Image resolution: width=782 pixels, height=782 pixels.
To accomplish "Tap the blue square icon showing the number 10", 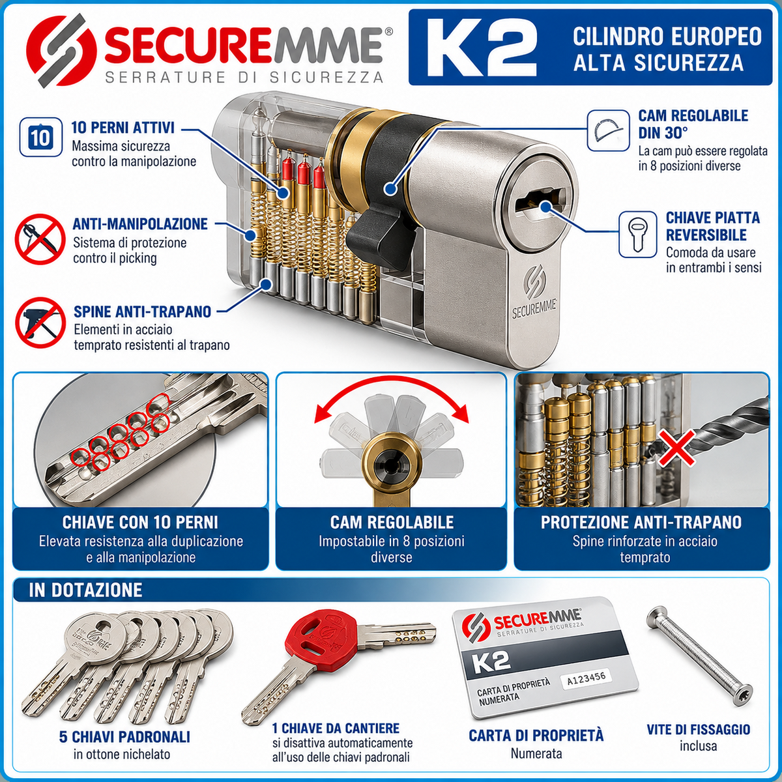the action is point(41,137).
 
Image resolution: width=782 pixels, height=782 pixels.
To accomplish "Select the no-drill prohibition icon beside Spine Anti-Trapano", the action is point(40,322).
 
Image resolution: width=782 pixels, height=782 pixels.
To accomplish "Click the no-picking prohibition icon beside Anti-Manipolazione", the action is point(40,239).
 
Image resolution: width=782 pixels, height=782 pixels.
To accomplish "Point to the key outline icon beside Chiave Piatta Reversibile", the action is point(637,235).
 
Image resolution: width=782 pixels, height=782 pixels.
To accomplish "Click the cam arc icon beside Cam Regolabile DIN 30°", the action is point(608,131).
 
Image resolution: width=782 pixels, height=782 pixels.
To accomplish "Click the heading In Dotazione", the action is point(85,590).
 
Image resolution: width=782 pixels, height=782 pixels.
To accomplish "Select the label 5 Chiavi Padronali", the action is point(124,736).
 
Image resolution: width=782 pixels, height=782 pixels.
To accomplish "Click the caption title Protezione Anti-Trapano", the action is point(641,523).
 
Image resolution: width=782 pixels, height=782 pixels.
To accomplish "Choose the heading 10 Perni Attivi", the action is point(123,128).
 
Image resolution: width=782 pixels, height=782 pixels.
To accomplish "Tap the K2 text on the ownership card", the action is point(491,662).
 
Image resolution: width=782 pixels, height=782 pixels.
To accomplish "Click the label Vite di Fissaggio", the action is point(699,730).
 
